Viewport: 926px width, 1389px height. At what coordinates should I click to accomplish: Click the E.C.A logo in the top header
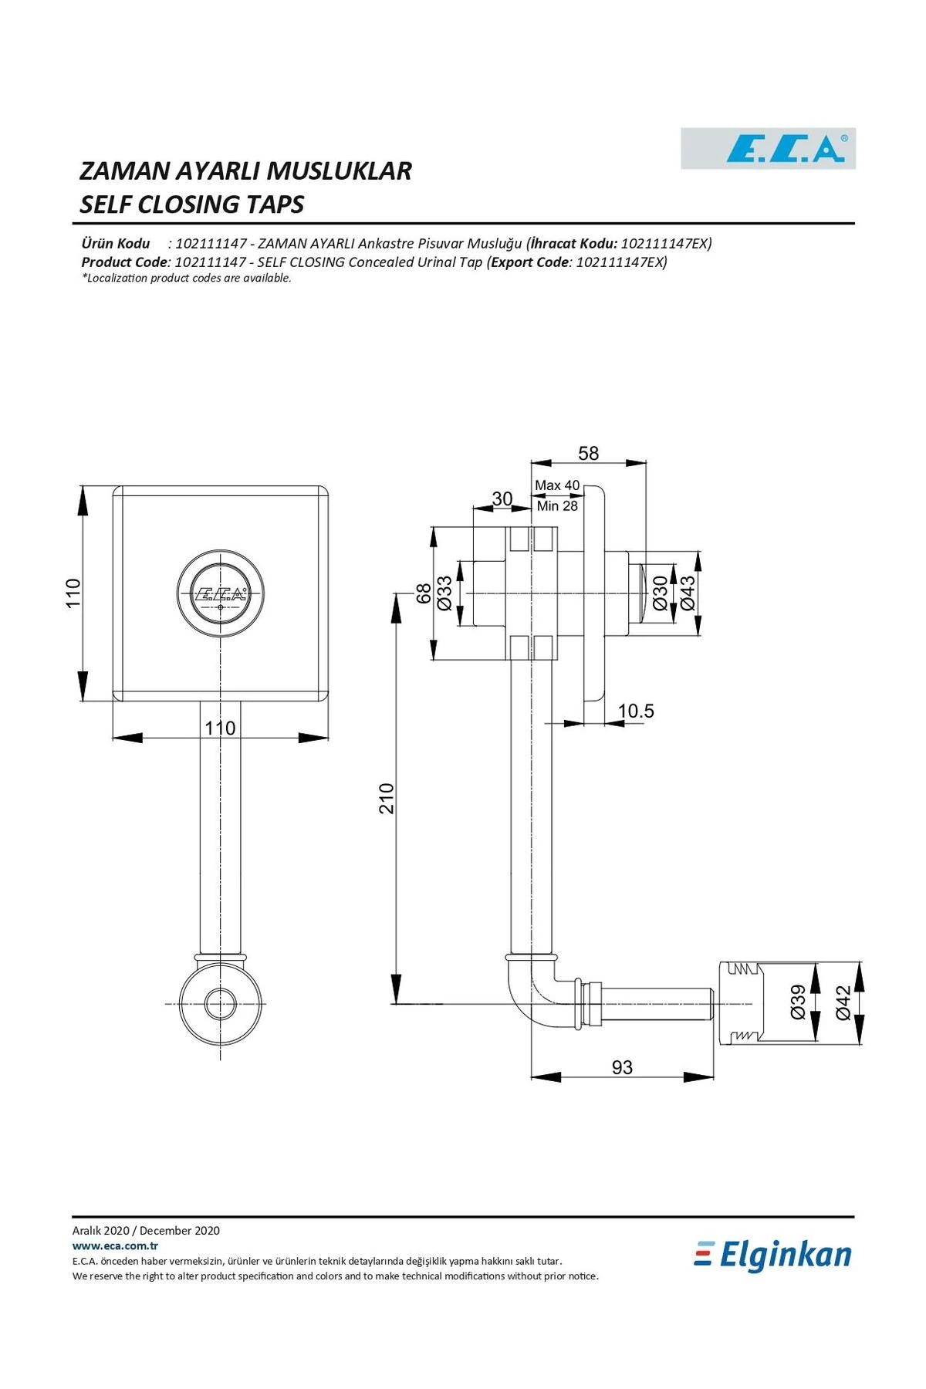pyautogui.click(x=769, y=148)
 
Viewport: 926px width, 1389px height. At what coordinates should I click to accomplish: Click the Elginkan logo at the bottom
pyautogui.click(x=773, y=1256)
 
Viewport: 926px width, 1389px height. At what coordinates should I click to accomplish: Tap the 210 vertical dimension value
pyautogui.click(x=387, y=798)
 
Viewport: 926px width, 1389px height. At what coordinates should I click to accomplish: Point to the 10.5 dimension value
pyautogui.click(x=636, y=711)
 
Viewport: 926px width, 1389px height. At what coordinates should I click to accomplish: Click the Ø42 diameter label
pyautogui.click(x=843, y=1002)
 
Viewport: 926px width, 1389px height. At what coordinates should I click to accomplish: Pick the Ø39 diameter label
pyautogui.click(x=798, y=1002)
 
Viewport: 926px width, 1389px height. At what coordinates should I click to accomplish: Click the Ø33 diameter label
pyautogui.click(x=444, y=593)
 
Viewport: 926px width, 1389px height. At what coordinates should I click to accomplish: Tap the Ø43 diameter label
pyautogui.click(x=687, y=593)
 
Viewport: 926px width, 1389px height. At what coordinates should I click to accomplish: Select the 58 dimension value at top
pyautogui.click(x=588, y=453)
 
